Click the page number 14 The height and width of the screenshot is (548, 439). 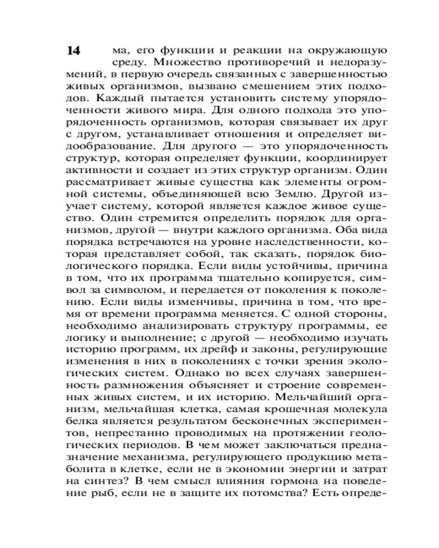point(74,51)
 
